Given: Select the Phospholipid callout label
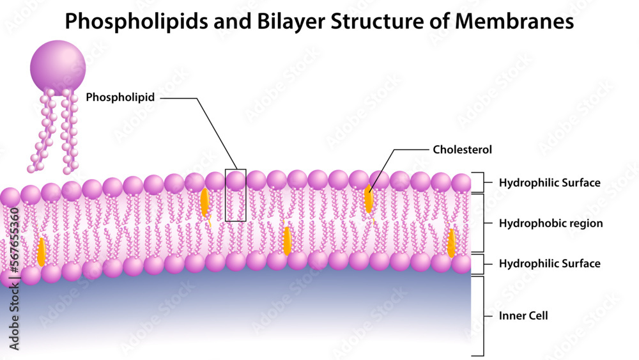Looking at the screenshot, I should [x=121, y=98].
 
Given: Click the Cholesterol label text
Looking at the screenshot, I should [x=462, y=150].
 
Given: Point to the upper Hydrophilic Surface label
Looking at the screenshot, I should [x=550, y=183].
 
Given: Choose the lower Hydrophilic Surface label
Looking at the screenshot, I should [x=550, y=263].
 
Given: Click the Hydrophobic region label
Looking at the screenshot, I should [x=551, y=224].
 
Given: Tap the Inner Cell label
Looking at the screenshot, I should [x=523, y=316].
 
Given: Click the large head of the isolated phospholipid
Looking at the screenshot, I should [x=58, y=67].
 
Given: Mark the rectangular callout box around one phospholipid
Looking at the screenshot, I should [x=236, y=195].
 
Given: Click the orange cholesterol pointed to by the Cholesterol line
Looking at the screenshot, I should [x=369, y=199].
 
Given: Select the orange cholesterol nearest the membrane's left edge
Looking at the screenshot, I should [x=42, y=252].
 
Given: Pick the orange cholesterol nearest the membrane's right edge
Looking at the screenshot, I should [x=451, y=243].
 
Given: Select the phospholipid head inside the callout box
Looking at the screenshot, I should [x=236, y=180].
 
